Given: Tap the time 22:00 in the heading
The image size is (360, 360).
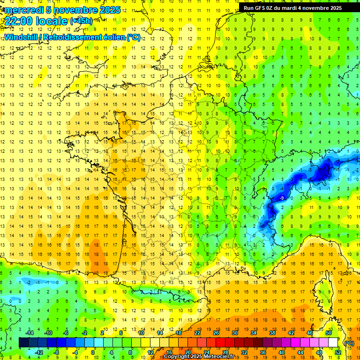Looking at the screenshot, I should (20, 21).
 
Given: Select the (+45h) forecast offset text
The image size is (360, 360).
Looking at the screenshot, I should (81, 21).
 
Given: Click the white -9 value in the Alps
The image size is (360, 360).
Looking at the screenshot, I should (282, 198).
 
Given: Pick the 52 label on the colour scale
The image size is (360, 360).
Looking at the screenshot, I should (338, 352).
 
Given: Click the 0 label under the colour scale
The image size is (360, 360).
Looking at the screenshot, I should (93, 352).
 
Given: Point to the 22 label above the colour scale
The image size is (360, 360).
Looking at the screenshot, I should (197, 332).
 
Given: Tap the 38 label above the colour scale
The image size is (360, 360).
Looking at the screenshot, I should (272, 332).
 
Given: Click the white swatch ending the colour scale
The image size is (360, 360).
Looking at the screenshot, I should (333, 342).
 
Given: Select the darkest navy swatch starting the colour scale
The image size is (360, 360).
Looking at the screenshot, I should (23, 342).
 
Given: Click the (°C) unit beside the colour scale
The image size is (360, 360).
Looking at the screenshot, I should (349, 343).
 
